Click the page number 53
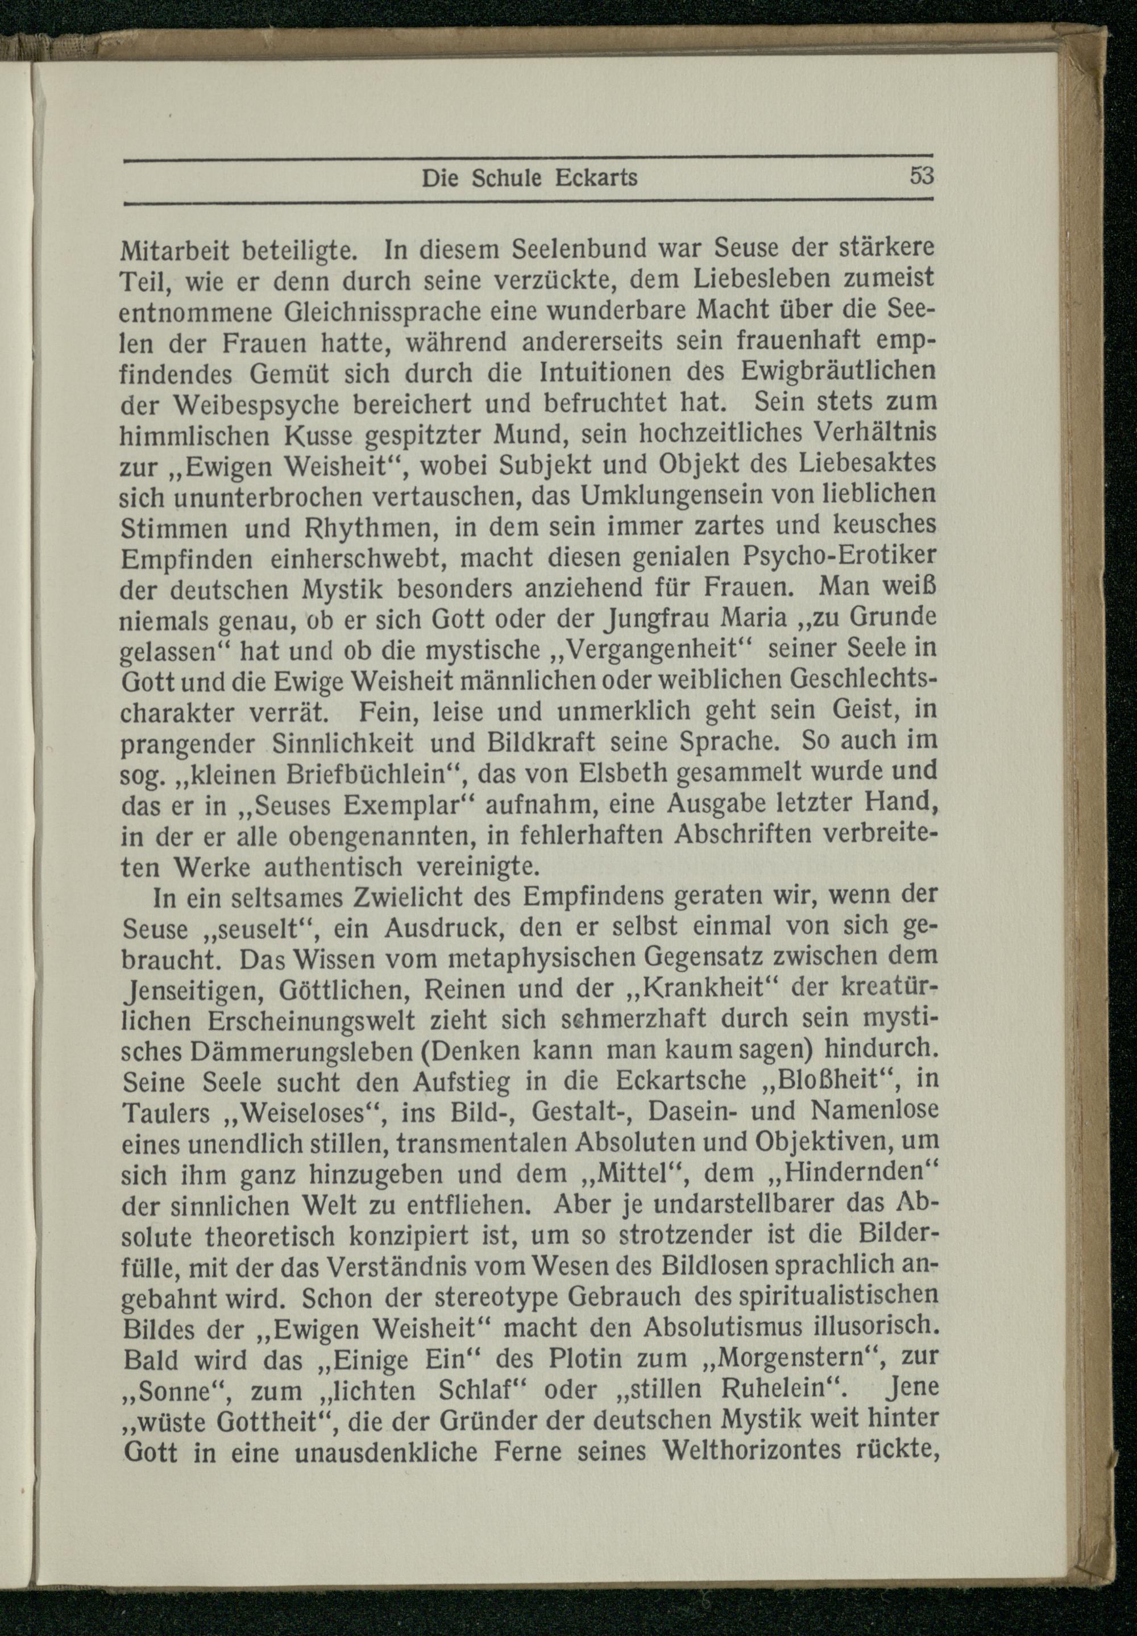pyautogui.click(x=920, y=176)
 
